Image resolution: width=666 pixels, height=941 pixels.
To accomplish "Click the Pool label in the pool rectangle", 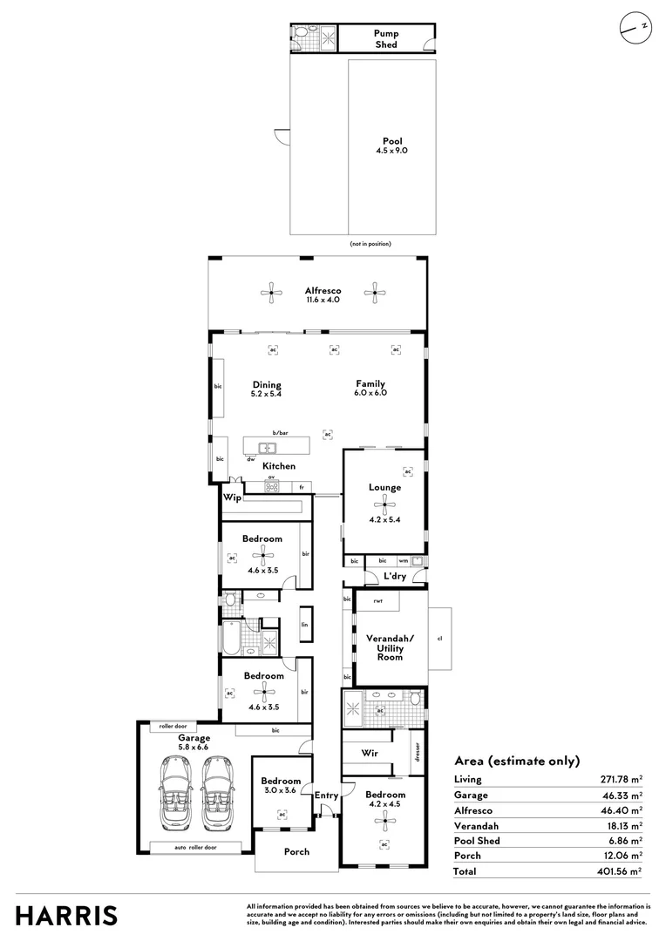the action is coord(392,141).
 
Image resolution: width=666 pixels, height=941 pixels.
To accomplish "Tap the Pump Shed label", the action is coord(386,39).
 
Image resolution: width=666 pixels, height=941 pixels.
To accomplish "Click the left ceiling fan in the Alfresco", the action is coord(271,293).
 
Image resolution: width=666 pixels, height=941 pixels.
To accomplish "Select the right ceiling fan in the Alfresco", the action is coord(375,293).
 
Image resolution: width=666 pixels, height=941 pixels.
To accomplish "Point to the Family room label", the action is coord(370,383).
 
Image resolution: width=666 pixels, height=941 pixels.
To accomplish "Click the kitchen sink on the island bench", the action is coord(268,448).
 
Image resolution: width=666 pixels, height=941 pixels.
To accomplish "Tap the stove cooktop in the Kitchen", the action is coord(271,487).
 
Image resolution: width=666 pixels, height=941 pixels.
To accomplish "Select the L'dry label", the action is coord(395,576).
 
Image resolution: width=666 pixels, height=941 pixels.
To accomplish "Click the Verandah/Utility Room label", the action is coord(390,647).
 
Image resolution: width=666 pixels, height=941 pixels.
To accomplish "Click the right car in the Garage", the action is coord(217,791).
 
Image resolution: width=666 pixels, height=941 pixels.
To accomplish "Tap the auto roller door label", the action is coord(195,848).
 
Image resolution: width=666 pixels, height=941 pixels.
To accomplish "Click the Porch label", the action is coord(296,851).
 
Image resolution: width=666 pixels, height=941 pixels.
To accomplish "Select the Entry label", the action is coord(326,795).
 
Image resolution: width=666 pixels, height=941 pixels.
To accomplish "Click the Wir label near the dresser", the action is coord(370,753).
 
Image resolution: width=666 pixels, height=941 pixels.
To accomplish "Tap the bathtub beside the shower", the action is coord(231,638).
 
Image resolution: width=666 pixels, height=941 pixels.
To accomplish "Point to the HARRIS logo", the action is coord(66,916).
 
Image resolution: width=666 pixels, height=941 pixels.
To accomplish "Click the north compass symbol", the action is coord(636,28).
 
